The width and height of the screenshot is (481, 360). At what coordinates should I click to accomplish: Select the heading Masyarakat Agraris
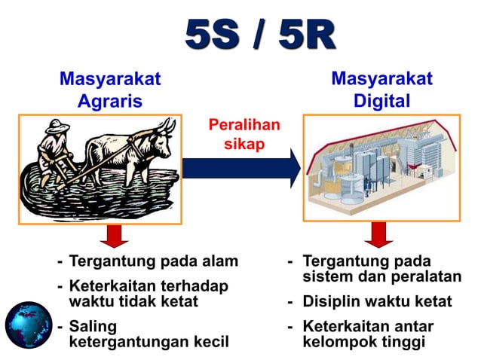pyautogui.click(x=110, y=90)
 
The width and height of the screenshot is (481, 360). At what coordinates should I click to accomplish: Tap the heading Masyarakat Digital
pyautogui.click(x=382, y=90)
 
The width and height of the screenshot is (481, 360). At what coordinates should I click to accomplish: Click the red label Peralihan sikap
pyautogui.click(x=243, y=134)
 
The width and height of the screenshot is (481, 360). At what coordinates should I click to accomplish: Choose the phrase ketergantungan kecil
pyautogui.click(x=148, y=342)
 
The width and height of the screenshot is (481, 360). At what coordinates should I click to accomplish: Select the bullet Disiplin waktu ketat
pyautogui.click(x=377, y=302)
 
